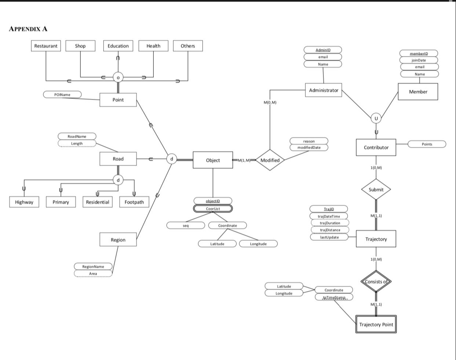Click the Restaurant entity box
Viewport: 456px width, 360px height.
46,46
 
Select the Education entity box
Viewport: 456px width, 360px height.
118,46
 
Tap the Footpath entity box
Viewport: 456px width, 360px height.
134,202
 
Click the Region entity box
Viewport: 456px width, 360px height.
118,240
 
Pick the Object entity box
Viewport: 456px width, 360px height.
213,160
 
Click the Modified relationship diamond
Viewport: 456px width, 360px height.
270,160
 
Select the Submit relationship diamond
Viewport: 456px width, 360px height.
376,190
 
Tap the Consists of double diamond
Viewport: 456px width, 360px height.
376,282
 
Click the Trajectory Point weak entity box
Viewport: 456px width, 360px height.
376,324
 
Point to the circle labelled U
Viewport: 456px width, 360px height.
376,118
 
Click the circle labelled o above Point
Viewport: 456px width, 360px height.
118,77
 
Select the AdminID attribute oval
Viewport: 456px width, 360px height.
323,50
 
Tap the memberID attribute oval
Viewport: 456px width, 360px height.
419,54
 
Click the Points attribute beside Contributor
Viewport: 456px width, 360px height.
427,144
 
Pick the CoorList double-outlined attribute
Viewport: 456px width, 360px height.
213,209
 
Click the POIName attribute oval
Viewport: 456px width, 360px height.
62,95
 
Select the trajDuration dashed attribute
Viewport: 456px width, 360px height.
330,223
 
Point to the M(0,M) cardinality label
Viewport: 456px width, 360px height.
270,103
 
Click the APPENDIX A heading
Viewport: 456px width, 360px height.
28,29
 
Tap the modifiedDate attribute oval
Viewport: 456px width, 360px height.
309,147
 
